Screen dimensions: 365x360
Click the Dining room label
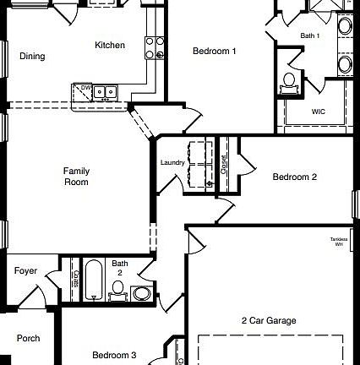point(32,57)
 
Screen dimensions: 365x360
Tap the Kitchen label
point(110,46)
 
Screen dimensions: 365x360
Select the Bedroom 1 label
point(214,52)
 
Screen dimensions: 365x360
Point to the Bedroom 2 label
point(294,177)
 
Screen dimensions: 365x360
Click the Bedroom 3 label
point(114,355)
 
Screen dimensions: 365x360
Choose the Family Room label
point(76,177)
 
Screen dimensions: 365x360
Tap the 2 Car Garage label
point(269,320)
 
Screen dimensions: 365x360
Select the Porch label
point(28,338)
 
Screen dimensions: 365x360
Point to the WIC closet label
point(318,112)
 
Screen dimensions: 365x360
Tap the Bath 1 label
point(310,35)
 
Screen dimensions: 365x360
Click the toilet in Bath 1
point(289,81)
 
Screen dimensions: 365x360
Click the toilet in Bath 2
point(118,291)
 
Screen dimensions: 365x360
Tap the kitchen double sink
point(105,91)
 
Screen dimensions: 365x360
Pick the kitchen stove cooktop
point(155,46)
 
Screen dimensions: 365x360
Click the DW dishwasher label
point(85,87)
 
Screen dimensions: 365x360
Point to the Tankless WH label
point(338,242)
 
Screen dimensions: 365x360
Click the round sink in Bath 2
point(141,294)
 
